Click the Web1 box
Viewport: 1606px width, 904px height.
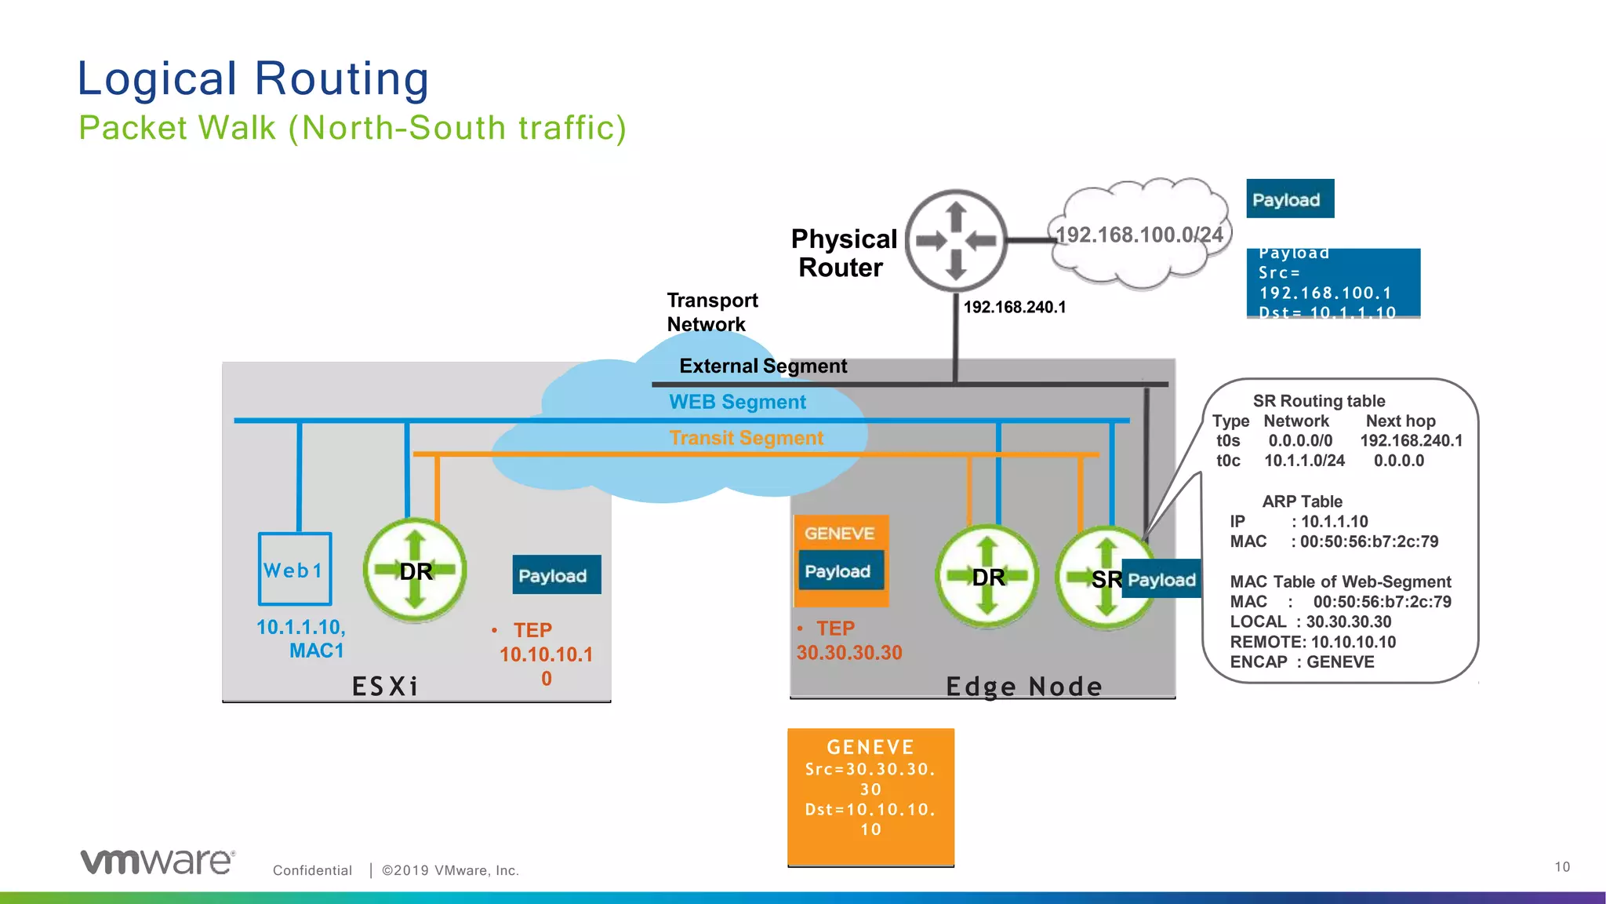point(295,569)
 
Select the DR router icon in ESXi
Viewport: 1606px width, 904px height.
point(415,570)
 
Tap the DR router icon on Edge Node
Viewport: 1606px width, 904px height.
point(987,577)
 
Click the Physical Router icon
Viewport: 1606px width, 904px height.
point(956,240)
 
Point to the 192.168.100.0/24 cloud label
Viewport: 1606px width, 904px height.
point(1139,235)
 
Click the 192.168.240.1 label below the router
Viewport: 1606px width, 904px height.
point(1014,307)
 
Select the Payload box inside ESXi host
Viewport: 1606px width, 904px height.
point(556,575)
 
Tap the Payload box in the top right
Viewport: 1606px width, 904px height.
point(1289,199)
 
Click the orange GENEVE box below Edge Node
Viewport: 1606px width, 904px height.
point(870,796)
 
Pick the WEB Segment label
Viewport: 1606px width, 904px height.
point(737,402)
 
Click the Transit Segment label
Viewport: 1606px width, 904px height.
point(746,438)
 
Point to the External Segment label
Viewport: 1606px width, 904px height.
point(762,366)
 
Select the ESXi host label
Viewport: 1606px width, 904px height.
point(384,686)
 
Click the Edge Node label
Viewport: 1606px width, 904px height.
point(1023,686)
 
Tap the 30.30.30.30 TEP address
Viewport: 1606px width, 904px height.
point(849,652)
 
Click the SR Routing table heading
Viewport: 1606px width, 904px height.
point(1318,401)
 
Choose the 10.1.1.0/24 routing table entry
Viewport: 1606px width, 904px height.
point(1303,461)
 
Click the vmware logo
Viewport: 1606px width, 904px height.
point(157,861)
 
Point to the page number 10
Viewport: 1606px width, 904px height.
point(1561,866)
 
